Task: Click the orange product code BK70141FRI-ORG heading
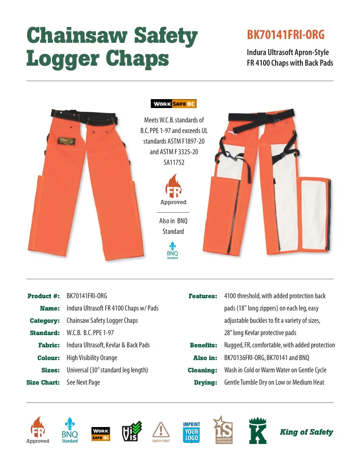click(285, 35)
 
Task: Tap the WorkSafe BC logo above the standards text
click(173, 104)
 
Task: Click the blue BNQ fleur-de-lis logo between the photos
click(172, 250)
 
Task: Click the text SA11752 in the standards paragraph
click(174, 162)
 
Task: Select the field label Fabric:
click(49, 345)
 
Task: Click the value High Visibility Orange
click(91, 358)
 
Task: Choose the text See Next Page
click(83, 383)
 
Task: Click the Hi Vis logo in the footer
click(131, 432)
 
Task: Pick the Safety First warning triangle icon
click(161, 431)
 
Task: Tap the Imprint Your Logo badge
click(191, 433)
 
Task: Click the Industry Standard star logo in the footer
click(223, 430)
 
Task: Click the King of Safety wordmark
click(306, 432)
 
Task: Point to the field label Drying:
click(205, 383)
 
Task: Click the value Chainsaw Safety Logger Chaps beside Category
click(102, 321)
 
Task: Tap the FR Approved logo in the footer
click(38, 430)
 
